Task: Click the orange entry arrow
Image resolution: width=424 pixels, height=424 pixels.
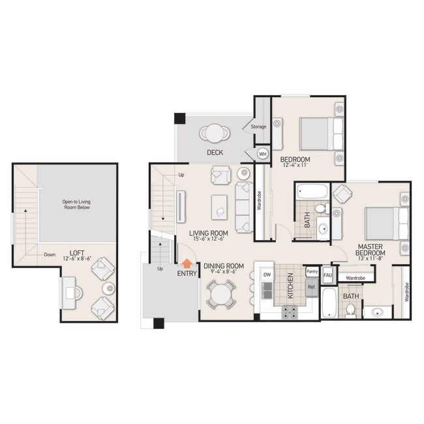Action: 187,264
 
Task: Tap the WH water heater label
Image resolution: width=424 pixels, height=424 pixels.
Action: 263,155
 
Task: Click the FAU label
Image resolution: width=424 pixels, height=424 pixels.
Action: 328,275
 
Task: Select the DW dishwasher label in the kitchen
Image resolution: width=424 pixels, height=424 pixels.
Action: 267,275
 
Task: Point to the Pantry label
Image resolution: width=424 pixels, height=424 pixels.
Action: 312,271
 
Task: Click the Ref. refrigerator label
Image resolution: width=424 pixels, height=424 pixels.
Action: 312,286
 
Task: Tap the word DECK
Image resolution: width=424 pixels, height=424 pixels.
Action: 215,153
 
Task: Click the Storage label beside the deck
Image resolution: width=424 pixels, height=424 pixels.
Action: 258,127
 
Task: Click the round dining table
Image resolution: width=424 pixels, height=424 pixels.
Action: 222,294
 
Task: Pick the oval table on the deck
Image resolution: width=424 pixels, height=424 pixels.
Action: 215,133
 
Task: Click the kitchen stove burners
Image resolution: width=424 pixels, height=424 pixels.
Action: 289,312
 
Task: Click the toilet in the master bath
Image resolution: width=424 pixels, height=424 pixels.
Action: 350,309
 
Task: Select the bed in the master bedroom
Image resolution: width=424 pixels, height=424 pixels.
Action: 386,223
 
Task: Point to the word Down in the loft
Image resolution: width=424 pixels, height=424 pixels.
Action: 50,254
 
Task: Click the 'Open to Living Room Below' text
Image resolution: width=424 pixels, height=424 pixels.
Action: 76,205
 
